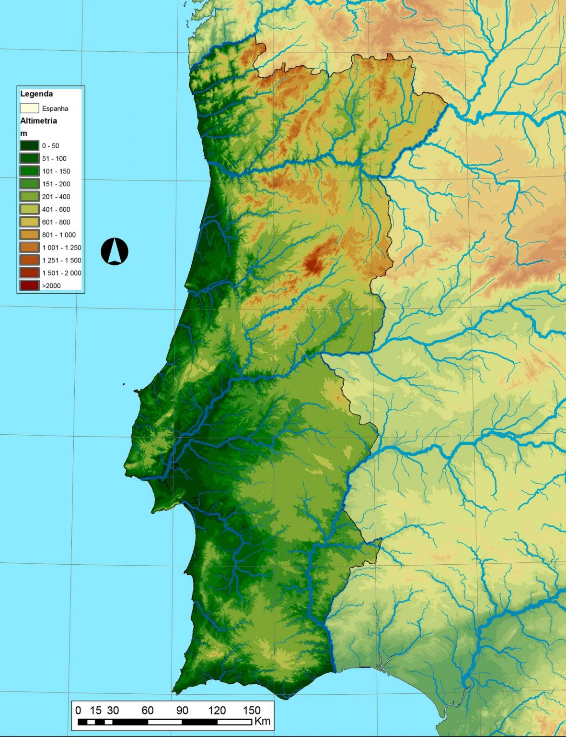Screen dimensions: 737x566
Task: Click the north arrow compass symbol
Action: [115, 251]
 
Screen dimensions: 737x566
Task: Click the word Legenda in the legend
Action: [36, 94]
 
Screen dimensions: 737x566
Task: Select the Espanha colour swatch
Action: [29, 108]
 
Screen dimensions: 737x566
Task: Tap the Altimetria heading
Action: [38, 121]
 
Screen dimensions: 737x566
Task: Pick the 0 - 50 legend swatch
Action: [29, 146]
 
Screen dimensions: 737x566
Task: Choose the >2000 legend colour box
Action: [29, 285]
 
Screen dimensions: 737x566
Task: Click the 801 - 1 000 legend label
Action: [59, 235]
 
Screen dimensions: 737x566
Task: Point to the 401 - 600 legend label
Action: [56, 210]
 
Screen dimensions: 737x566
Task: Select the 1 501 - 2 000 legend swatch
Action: [29, 273]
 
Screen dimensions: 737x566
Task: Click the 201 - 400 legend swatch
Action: [29, 197]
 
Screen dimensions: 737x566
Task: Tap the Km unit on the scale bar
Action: [263, 721]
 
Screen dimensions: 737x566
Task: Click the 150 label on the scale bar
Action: [252, 710]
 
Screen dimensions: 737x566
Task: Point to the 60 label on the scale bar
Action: [148, 710]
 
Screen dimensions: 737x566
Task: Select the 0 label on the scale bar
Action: [78, 710]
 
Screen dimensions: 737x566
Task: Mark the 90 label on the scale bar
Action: [182, 710]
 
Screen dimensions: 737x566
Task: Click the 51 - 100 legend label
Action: [54, 159]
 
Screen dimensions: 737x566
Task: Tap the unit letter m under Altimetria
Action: [23, 133]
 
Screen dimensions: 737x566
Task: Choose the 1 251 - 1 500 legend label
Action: [62, 261]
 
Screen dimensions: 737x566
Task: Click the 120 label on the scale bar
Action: [217, 710]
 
